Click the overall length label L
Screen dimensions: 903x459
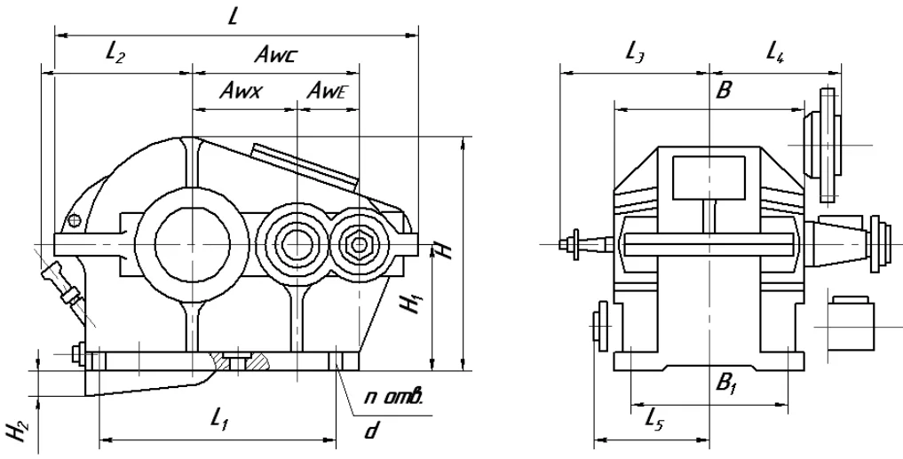[x=233, y=16]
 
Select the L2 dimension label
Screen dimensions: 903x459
[x=115, y=53]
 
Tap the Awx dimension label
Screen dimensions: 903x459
[x=242, y=91]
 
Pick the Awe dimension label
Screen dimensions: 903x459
[x=328, y=91]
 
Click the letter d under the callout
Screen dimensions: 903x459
[x=371, y=430]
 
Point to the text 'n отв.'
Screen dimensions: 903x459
[x=394, y=397]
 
